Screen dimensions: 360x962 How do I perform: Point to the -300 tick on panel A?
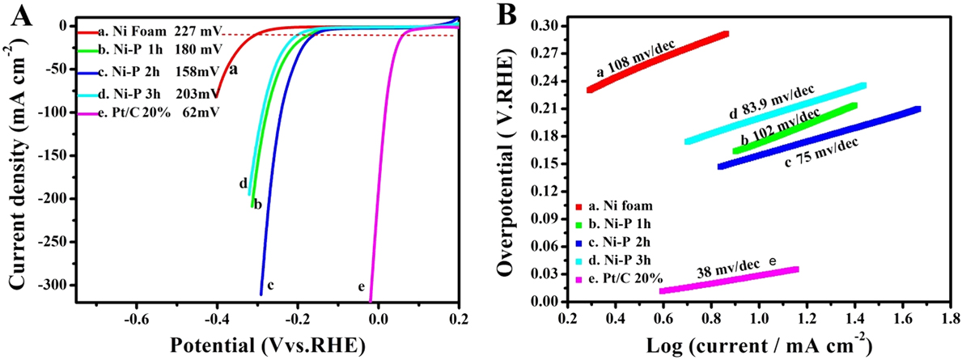coord(50,286)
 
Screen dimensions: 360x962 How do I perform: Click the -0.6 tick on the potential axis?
coord(136,317)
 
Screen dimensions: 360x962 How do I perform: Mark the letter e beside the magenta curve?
coord(361,286)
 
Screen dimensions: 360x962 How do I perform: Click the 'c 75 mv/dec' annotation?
coord(822,150)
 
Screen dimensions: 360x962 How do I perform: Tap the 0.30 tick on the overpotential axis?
coord(551,26)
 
